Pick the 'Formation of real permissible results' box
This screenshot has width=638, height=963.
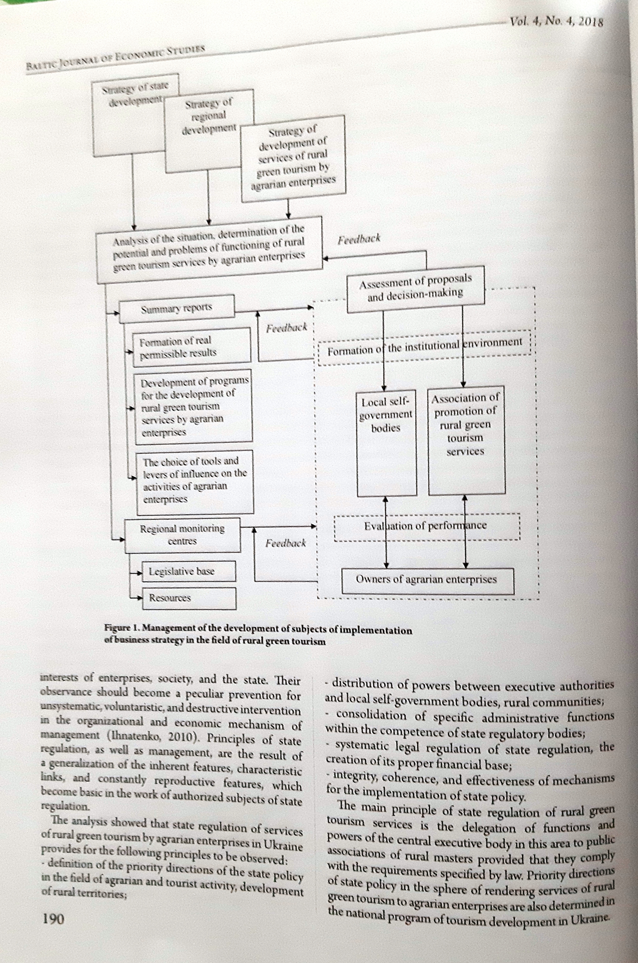tap(191, 346)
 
